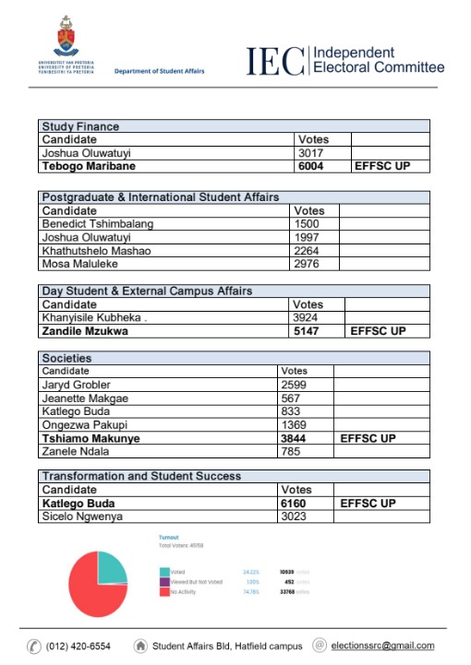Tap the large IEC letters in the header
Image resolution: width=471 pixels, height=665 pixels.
[x=274, y=60]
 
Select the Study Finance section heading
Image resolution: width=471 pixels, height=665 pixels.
[x=81, y=126]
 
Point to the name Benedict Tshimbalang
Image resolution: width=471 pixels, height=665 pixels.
[x=98, y=223]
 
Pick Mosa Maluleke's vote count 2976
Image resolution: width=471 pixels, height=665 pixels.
[x=306, y=264]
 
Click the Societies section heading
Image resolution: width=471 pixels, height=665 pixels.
[x=66, y=358]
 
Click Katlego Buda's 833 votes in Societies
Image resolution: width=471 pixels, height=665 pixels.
[x=291, y=410]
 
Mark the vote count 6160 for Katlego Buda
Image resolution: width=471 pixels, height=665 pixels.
[x=297, y=504]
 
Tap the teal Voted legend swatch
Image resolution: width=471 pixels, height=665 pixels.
[x=163, y=572]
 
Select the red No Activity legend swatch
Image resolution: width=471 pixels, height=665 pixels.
[x=163, y=591]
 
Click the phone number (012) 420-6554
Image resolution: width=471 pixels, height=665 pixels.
[x=78, y=647]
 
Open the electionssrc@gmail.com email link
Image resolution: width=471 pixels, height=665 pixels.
[x=385, y=647]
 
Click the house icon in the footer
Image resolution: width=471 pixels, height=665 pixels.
[x=140, y=646]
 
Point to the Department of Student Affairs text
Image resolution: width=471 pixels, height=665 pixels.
[x=160, y=72]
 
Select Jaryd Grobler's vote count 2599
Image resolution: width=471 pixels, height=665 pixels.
[x=295, y=384]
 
